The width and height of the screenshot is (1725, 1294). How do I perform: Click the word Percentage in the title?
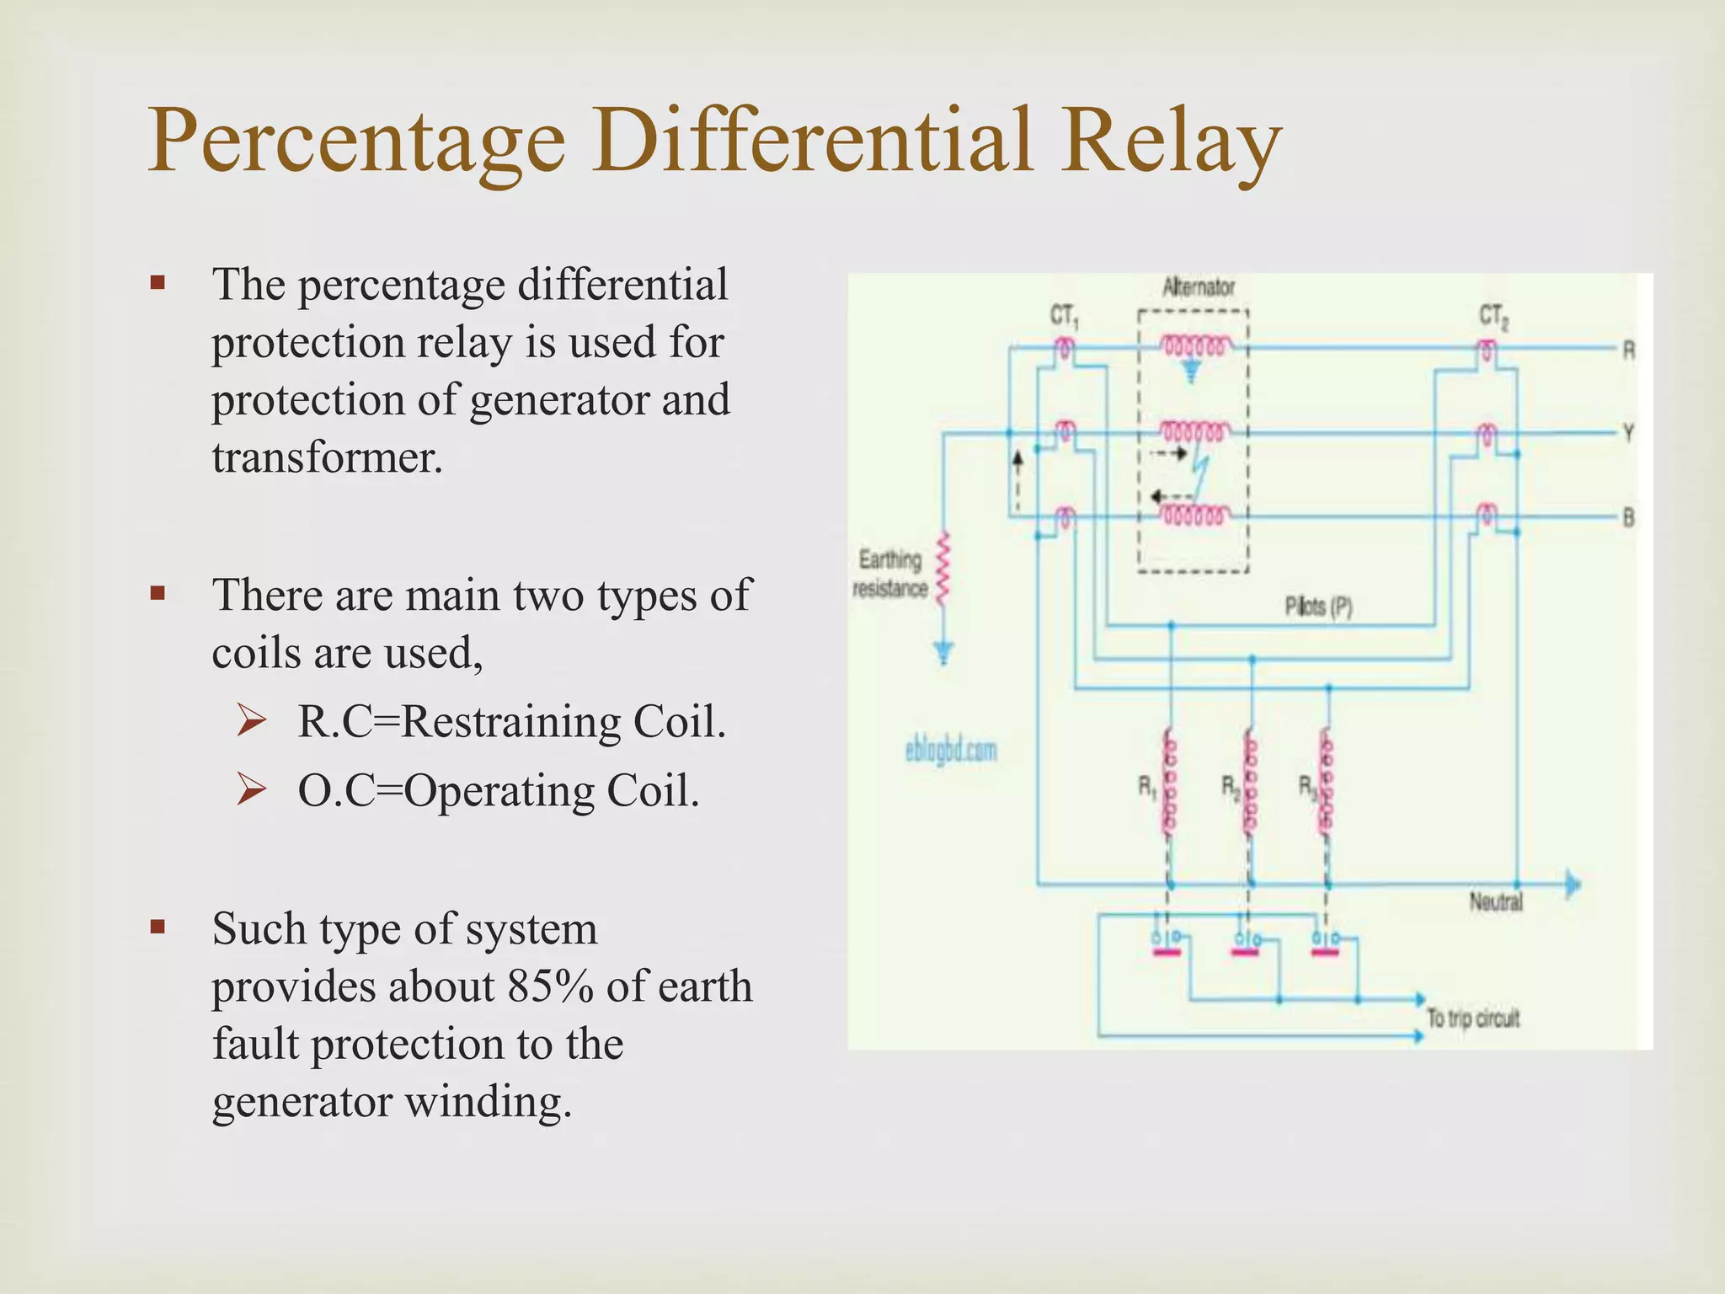point(356,142)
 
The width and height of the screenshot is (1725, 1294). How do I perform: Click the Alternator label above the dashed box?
point(1198,288)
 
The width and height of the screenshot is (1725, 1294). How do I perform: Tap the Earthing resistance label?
point(890,574)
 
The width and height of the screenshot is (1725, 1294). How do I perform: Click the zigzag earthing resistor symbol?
point(943,568)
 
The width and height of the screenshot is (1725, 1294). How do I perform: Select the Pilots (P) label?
point(1318,607)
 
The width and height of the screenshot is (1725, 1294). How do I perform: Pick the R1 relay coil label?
point(1147,788)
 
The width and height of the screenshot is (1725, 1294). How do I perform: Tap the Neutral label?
point(1496,902)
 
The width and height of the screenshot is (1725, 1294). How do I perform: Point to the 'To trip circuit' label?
point(1472,1019)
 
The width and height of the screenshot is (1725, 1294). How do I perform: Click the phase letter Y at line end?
point(1629,434)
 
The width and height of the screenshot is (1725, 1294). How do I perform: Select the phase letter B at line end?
point(1629,517)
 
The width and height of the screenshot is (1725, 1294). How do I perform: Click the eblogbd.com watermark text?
point(951,750)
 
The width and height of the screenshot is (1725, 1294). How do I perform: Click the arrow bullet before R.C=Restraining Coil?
point(252,722)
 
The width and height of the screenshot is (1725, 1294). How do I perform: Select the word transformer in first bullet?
point(327,458)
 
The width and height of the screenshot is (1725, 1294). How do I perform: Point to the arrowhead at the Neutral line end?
point(1573,885)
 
